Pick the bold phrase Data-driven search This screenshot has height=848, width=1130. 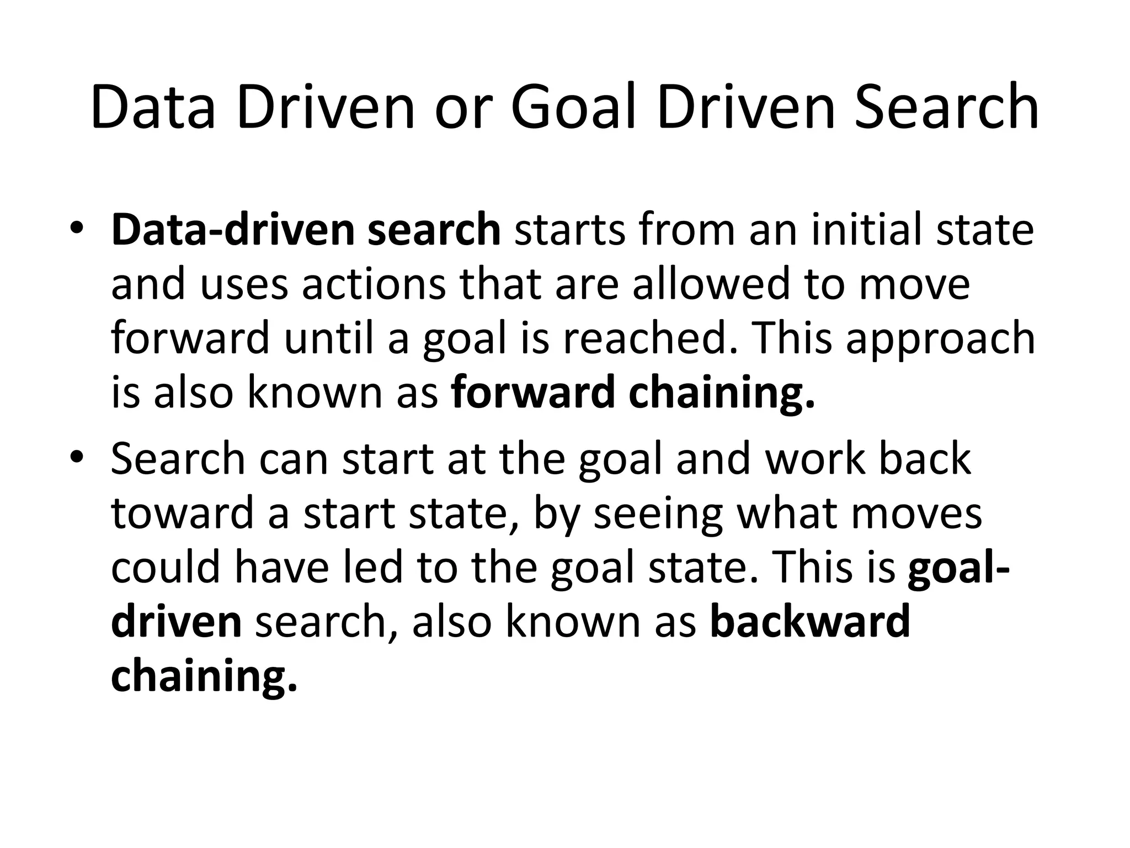(x=306, y=230)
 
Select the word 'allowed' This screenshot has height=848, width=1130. (x=712, y=284)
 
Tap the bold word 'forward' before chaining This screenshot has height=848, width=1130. (x=532, y=392)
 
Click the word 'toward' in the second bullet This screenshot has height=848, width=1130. (x=183, y=513)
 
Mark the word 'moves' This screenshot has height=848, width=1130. (x=916, y=513)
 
